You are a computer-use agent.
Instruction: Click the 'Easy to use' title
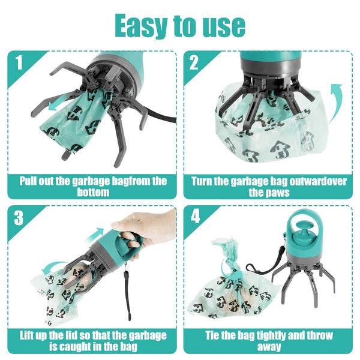point(180,25)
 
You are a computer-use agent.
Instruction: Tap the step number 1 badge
point(19,62)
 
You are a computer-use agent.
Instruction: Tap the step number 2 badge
point(194,62)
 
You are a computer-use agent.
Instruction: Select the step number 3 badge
point(19,217)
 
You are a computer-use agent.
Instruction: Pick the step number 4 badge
point(194,217)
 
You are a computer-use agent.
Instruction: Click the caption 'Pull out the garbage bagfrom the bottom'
point(93,187)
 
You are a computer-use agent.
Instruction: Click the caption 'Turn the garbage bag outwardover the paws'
point(269,187)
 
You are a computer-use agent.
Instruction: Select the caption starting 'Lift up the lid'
point(93,340)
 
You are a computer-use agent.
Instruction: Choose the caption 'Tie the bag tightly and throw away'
point(269,340)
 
